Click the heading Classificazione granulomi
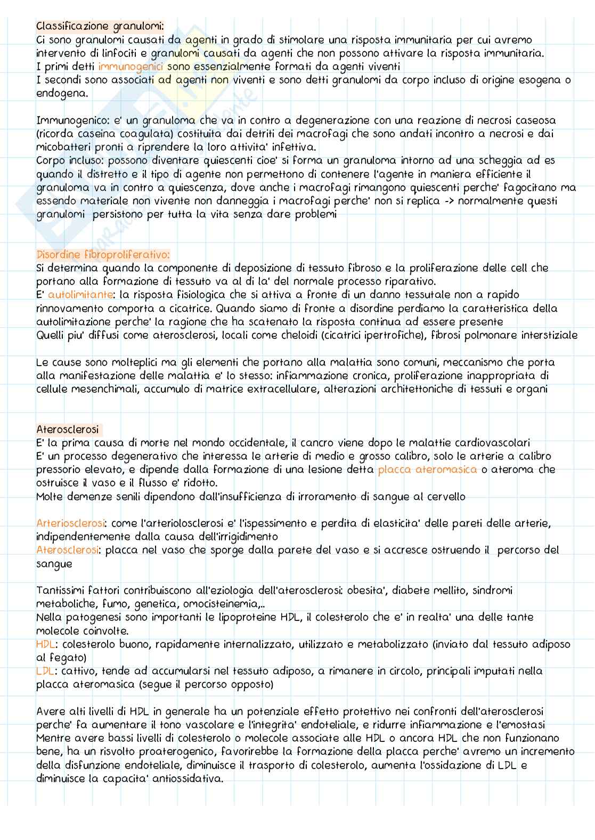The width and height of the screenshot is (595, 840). point(100,26)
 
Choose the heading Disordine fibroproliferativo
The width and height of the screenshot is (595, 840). point(103,255)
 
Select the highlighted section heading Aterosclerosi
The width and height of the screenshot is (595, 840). point(68,429)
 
